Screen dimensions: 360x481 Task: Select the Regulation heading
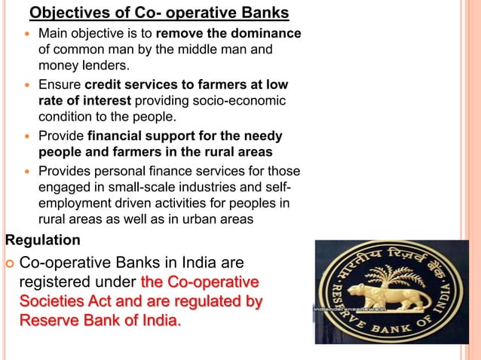[42, 241]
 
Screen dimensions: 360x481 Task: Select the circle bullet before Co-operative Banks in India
[9, 264]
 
